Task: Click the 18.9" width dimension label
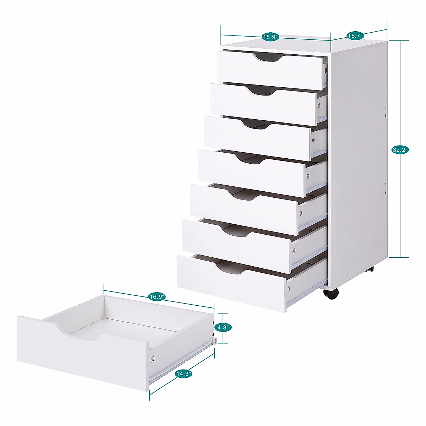click(x=271, y=37)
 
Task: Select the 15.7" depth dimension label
click(x=354, y=35)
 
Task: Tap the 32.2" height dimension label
click(x=400, y=150)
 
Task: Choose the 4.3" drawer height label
click(x=223, y=327)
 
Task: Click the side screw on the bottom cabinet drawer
click(x=289, y=288)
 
